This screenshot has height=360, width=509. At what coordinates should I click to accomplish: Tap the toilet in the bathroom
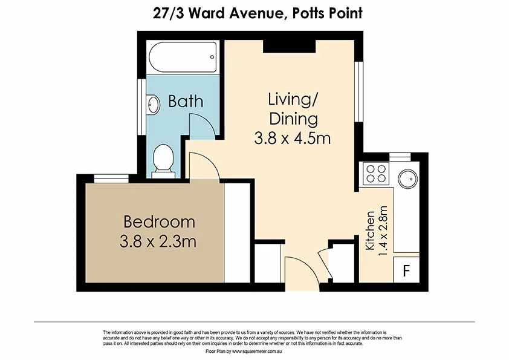163,161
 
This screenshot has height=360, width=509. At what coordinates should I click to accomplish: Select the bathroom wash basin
153,105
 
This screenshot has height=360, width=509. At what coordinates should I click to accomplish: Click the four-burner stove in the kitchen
375,174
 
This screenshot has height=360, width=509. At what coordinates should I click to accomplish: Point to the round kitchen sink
407,178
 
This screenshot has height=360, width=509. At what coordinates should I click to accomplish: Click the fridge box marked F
406,270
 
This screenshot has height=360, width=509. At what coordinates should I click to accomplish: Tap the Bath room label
186,101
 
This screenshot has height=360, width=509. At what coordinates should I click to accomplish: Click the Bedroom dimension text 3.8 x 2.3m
158,243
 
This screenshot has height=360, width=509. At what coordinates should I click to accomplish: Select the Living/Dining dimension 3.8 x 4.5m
293,138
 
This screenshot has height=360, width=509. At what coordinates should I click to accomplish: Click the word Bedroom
159,221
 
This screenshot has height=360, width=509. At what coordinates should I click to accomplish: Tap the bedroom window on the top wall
111,177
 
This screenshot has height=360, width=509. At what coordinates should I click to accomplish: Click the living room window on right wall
359,90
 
